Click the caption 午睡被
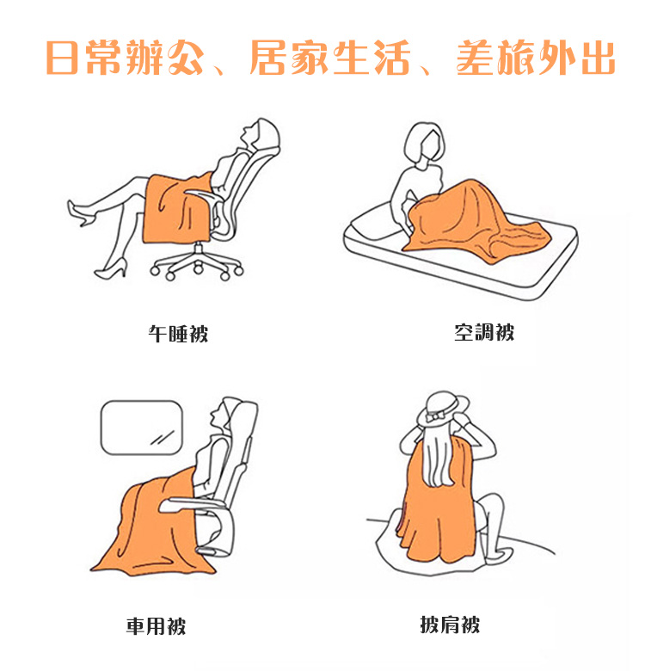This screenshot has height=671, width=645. [x=178, y=334]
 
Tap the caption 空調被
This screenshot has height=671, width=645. [x=484, y=332]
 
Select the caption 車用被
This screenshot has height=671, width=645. [x=157, y=626]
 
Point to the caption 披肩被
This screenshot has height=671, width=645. [x=450, y=625]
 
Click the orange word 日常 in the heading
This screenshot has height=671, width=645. [x=83, y=58]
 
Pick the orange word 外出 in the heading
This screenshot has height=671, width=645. [x=575, y=58]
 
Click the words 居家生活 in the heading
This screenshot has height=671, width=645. [x=330, y=58]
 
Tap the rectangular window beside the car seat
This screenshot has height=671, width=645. [x=142, y=427]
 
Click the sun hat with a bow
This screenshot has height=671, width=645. [x=443, y=409]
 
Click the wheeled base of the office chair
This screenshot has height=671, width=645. [x=197, y=262]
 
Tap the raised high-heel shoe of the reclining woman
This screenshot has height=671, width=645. [x=81, y=212]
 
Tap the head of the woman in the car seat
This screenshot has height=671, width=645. [x=223, y=413]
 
